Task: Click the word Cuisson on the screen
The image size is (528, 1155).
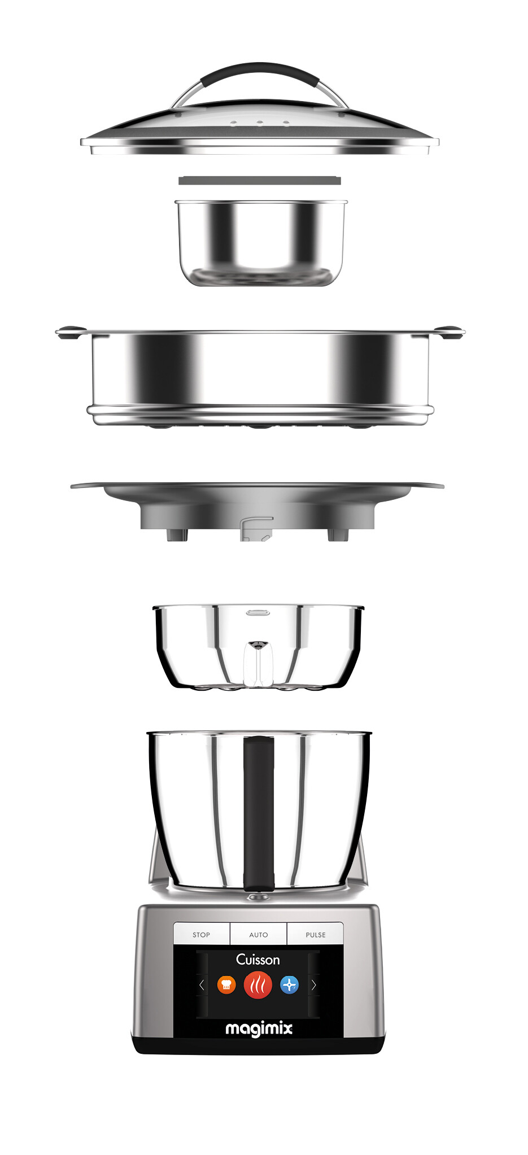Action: pos(258,960)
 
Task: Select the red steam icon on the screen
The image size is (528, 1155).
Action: pos(258,984)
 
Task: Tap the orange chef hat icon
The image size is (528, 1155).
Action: pos(226,984)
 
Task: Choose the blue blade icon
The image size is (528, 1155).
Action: pos(290,984)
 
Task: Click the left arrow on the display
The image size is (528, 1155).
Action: pos(202,985)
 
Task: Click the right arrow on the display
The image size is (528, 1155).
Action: pos(314,985)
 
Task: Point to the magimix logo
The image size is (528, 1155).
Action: pos(259,1028)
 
